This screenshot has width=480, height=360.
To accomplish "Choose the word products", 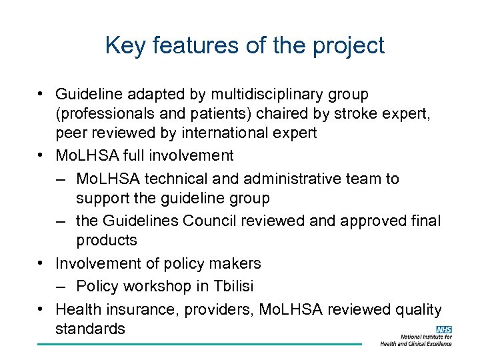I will [107, 241].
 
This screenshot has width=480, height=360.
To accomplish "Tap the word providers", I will [216, 309].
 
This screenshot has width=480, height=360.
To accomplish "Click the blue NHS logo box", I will [443, 329].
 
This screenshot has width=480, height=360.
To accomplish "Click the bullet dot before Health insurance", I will [41, 309].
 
